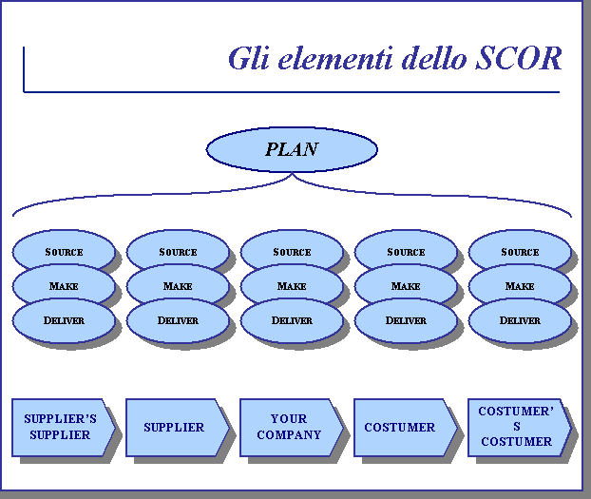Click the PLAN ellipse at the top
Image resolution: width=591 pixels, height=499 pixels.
pos(291,149)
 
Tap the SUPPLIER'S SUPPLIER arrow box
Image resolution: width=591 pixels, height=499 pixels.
pos(60,428)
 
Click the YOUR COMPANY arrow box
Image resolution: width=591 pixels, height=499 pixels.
pos(288,427)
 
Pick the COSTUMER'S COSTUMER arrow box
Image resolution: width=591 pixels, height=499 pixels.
pos(516,427)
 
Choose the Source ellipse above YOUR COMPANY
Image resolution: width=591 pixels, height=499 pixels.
pos(291,252)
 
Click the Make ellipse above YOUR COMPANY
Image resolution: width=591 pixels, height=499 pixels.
pos(291,286)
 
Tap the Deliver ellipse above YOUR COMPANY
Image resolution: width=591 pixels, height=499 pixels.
pos(291,320)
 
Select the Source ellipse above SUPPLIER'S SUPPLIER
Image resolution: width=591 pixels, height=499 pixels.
pos(64,252)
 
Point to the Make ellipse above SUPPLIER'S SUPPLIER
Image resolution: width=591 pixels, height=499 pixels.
pos(64,286)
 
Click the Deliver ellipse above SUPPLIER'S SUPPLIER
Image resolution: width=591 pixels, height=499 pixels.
pos(64,320)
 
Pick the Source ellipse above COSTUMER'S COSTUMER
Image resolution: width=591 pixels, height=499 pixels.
pos(519,252)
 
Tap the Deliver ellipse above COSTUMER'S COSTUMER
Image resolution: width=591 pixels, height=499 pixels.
pos(519,320)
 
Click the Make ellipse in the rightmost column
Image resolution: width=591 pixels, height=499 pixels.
pos(519,286)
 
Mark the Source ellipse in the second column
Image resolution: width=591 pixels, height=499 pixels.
pos(178,252)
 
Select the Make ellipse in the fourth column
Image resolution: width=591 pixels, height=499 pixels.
pos(405,286)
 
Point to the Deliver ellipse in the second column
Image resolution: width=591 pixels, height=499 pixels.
pos(178,320)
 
